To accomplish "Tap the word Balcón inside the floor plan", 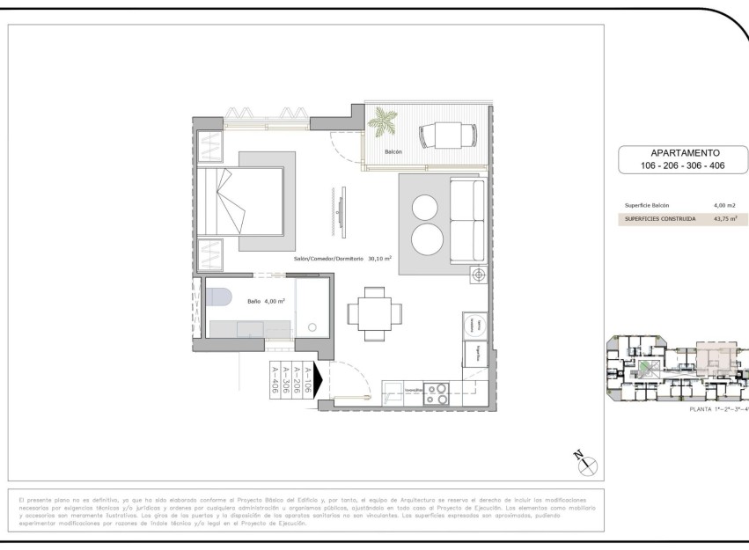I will pyautogui.click(x=393, y=152).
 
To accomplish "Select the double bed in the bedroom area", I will pyautogui.click(x=239, y=201).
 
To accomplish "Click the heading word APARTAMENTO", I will pyautogui.click(x=684, y=152).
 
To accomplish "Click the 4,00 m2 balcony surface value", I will pyautogui.click(x=724, y=205).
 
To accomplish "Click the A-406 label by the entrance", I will pyautogui.click(x=275, y=382).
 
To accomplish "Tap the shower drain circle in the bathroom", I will pyautogui.click(x=312, y=326).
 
